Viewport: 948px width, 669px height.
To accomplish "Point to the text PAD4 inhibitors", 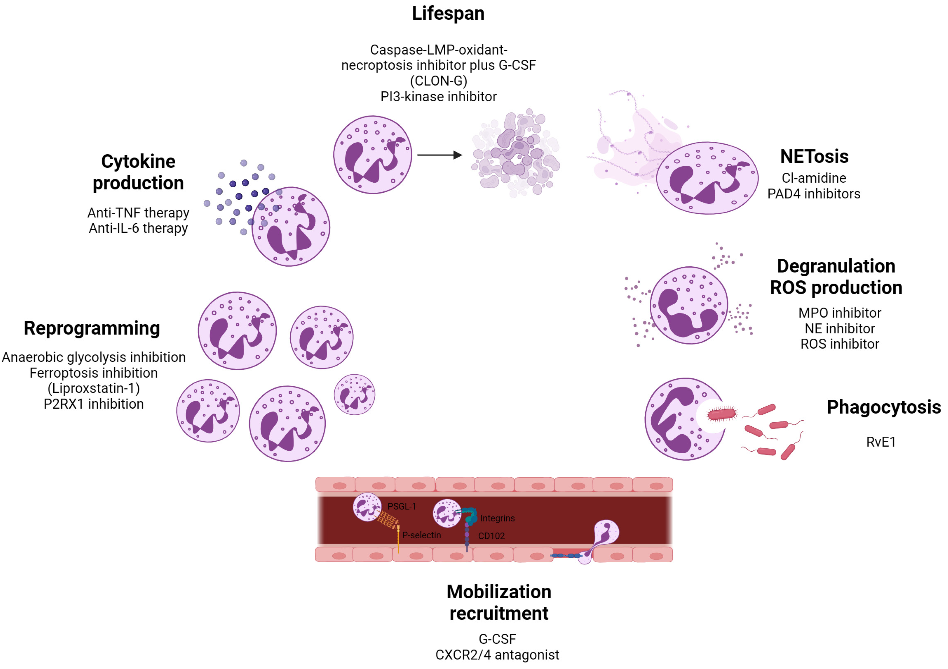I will [813, 194].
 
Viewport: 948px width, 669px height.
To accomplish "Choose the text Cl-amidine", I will [813, 178].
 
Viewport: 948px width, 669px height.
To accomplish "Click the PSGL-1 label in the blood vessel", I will [401, 506].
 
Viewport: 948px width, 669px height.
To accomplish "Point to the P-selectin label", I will [421, 535].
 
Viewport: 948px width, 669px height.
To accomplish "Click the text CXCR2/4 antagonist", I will [497, 655].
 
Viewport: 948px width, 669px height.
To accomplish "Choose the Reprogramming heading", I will [92, 329].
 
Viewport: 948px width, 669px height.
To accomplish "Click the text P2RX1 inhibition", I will [94, 404].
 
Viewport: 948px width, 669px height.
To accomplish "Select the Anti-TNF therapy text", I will [138, 213].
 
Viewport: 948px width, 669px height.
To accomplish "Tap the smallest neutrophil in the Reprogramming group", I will [354, 394].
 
